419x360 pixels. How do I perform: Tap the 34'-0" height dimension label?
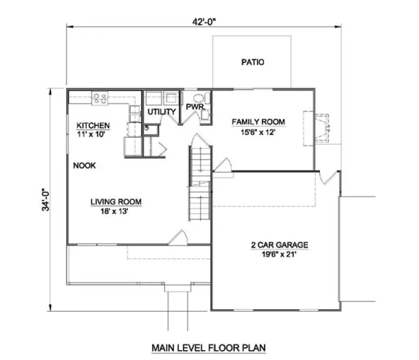tap(49, 199)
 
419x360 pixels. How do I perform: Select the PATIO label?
tap(253, 62)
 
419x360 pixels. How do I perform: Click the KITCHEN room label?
tap(93, 126)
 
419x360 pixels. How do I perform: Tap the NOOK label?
tap(85, 165)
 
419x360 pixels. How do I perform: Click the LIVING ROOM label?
tap(116, 202)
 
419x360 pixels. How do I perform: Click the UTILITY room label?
tap(162, 112)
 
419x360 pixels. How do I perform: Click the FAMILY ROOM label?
tap(259, 121)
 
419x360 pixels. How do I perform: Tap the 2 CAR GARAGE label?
tap(279, 245)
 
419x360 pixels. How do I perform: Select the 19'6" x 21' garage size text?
tap(279, 254)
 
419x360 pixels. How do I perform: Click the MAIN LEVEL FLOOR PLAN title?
tap(209, 347)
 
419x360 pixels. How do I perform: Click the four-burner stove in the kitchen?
tap(100, 98)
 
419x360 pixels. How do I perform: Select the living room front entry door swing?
tap(179, 237)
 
